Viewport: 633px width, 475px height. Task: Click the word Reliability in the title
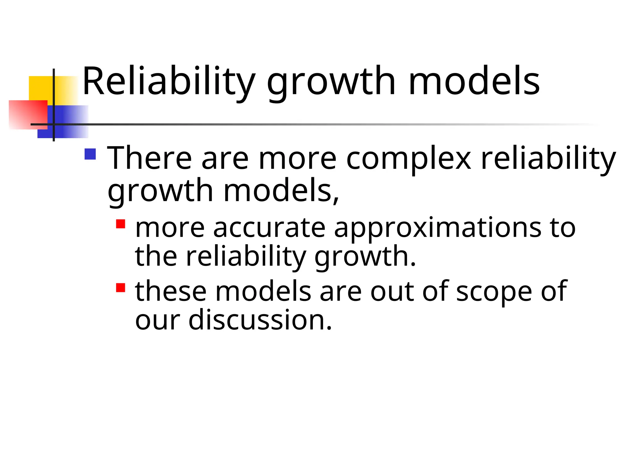[168, 81]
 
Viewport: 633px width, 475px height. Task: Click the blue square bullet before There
[90, 154]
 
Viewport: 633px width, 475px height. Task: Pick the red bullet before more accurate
[121, 224]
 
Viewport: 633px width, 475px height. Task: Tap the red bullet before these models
[121, 288]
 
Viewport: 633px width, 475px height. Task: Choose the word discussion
[260, 320]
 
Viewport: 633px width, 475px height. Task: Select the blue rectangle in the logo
[71, 122]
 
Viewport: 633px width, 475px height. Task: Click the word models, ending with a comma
[281, 191]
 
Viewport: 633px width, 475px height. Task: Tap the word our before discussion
[157, 320]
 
